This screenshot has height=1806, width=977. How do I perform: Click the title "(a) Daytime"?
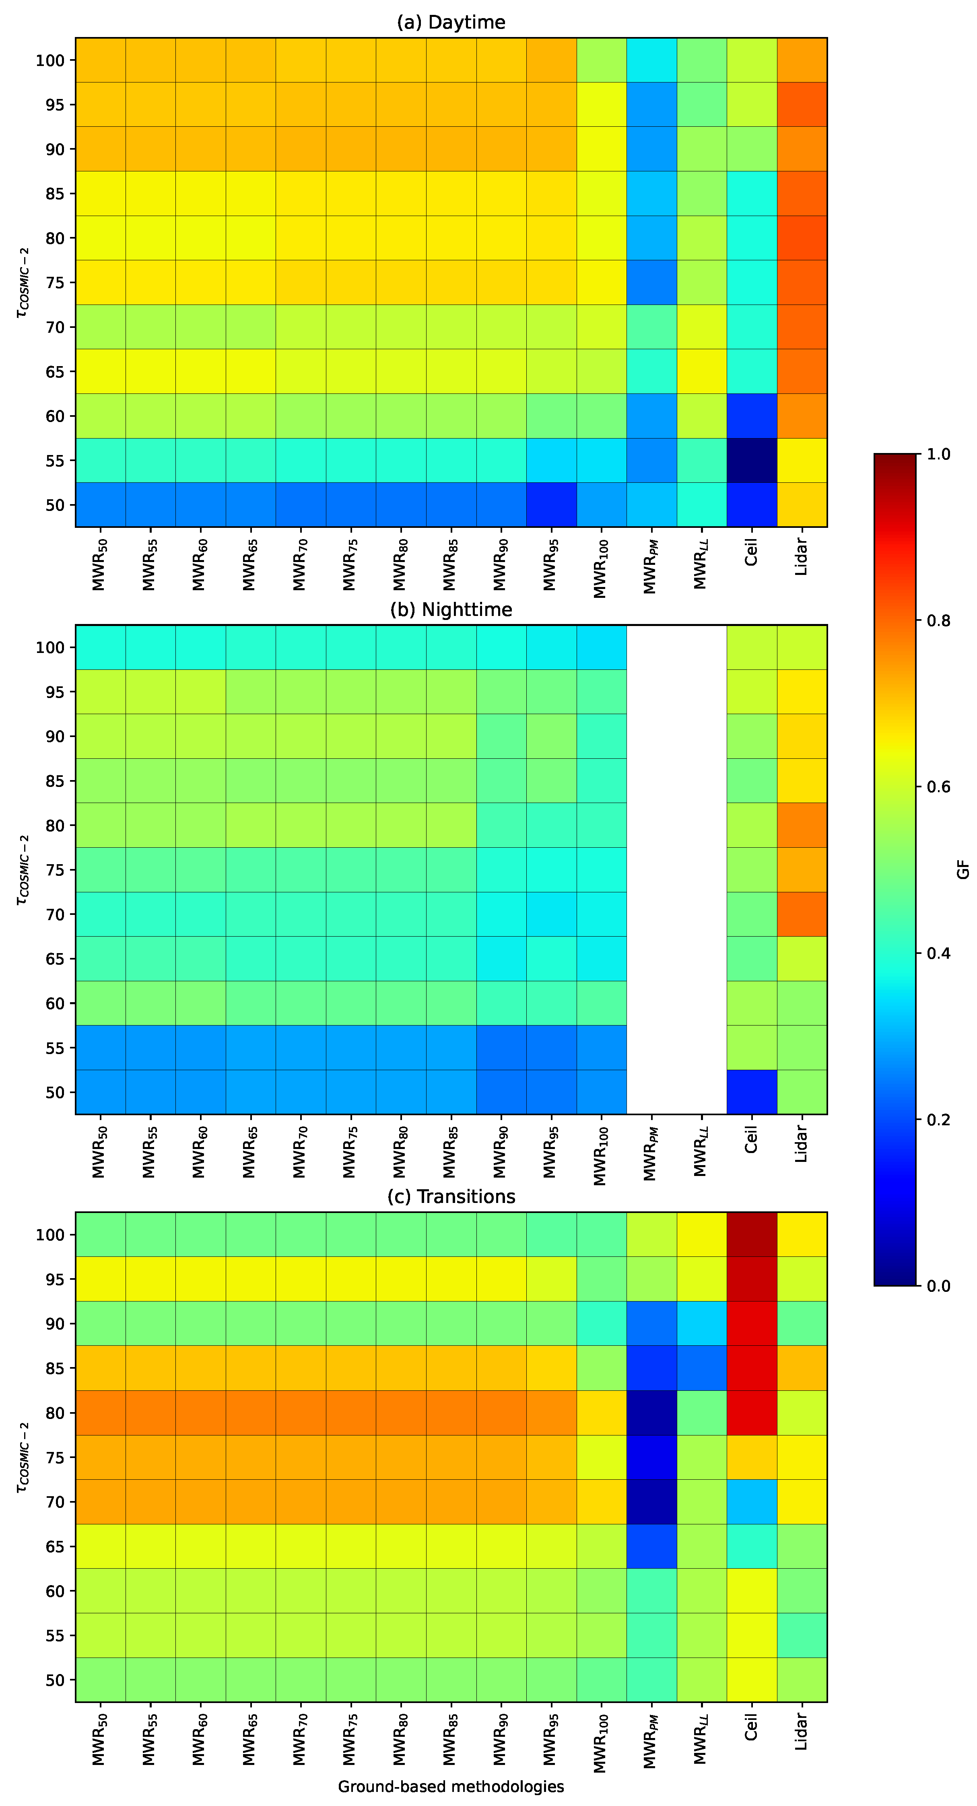451,23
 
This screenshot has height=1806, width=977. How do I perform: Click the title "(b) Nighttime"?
451,610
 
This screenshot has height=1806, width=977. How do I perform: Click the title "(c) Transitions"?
451,1197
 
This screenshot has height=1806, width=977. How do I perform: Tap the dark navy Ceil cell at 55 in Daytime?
751,461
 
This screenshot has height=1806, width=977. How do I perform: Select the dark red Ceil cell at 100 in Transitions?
751,1235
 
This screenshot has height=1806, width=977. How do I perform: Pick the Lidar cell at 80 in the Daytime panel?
802,238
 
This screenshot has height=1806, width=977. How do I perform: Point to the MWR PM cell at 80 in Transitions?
651,1413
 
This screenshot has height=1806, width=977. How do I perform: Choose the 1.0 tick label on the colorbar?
938,454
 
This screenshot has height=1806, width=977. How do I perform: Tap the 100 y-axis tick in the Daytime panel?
50,60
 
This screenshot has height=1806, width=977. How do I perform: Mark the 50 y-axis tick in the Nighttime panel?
55,1092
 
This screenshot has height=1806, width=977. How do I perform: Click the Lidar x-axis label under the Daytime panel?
802,557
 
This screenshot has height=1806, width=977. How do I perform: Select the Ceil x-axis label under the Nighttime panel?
751,1140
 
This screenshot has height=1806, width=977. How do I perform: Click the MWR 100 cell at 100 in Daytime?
601,60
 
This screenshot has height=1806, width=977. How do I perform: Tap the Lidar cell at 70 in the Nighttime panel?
802,914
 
